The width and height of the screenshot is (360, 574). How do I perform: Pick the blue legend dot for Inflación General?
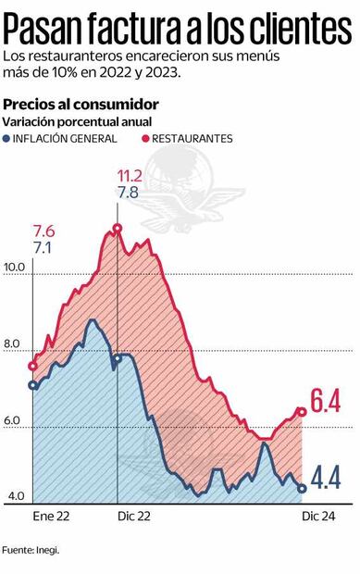click(9, 138)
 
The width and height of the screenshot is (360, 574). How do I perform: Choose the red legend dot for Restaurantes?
click(145, 138)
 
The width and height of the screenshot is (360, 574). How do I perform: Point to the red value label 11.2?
click(129, 176)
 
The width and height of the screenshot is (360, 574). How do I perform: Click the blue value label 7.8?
click(129, 193)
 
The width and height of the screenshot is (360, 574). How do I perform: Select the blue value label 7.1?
click(43, 248)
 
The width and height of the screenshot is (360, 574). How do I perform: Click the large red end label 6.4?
click(327, 403)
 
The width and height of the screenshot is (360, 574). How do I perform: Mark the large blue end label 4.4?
click(327, 478)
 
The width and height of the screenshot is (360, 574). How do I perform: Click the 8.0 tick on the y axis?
click(13, 344)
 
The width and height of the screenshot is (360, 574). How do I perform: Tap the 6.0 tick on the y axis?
click(13, 421)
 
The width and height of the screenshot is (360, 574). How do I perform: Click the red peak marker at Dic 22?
click(117, 228)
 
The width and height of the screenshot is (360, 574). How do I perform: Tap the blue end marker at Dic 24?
click(302, 488)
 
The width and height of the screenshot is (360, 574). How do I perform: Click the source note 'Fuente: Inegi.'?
click(31, 549)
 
